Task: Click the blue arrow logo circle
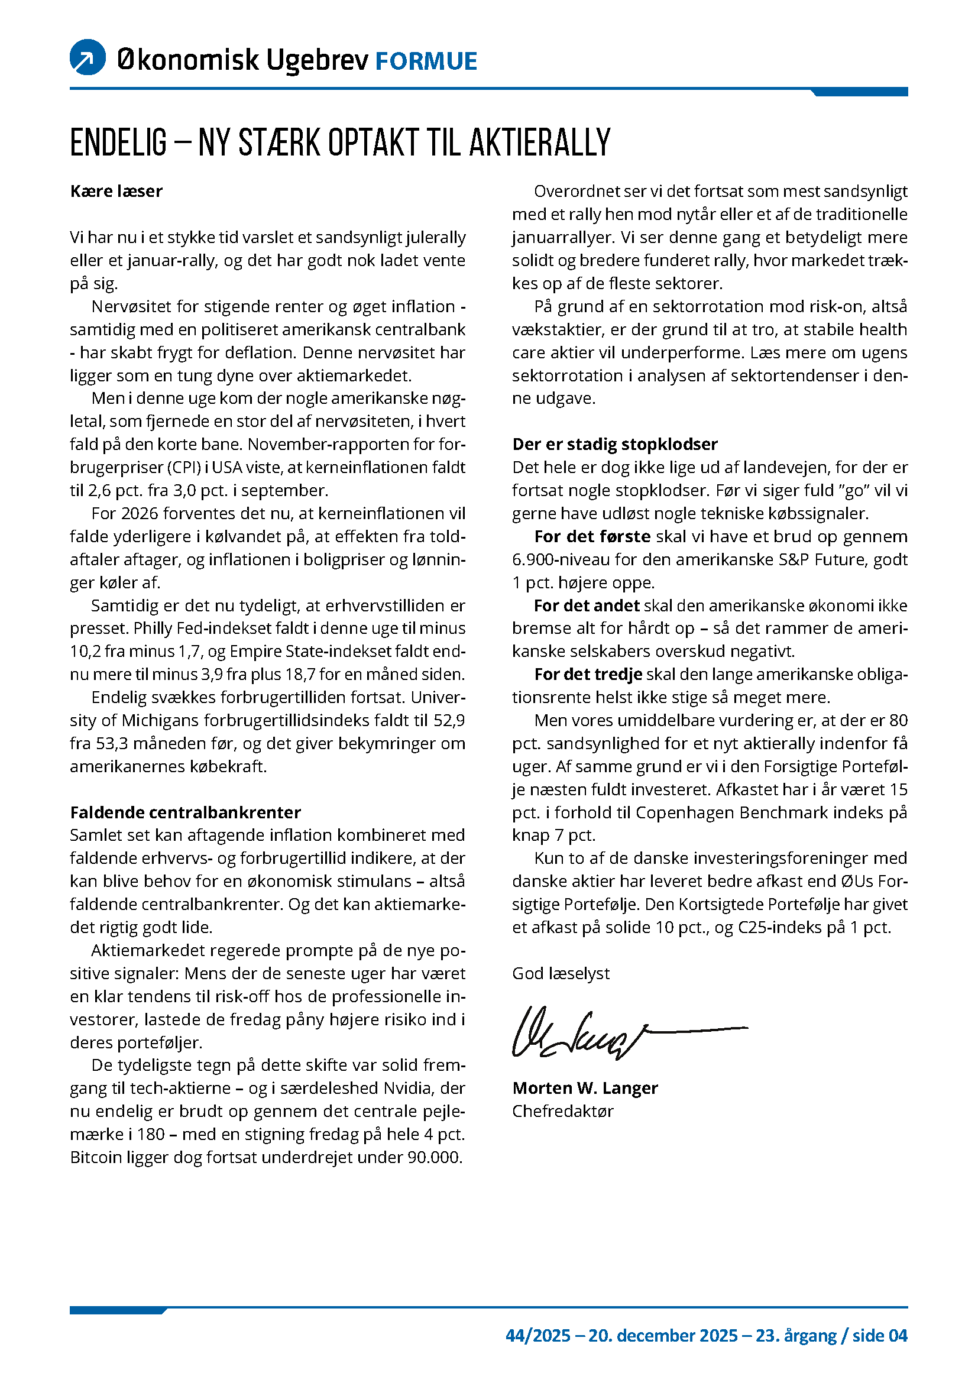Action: point(88,57)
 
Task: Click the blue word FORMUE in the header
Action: point(426,61)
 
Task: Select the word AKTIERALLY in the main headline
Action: point(540,142)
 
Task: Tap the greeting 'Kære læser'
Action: point(116,192)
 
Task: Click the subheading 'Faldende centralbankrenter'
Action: point(186,812)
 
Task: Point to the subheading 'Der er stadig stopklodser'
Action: point(615,445)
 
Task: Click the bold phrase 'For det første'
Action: point(592,537)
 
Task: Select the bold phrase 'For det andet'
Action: point(587,605)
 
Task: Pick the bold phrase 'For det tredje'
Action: point(588,675)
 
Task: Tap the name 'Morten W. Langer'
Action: point(585,1089)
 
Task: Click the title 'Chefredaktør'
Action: point(562,1112)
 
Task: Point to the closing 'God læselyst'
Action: point(561,974)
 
